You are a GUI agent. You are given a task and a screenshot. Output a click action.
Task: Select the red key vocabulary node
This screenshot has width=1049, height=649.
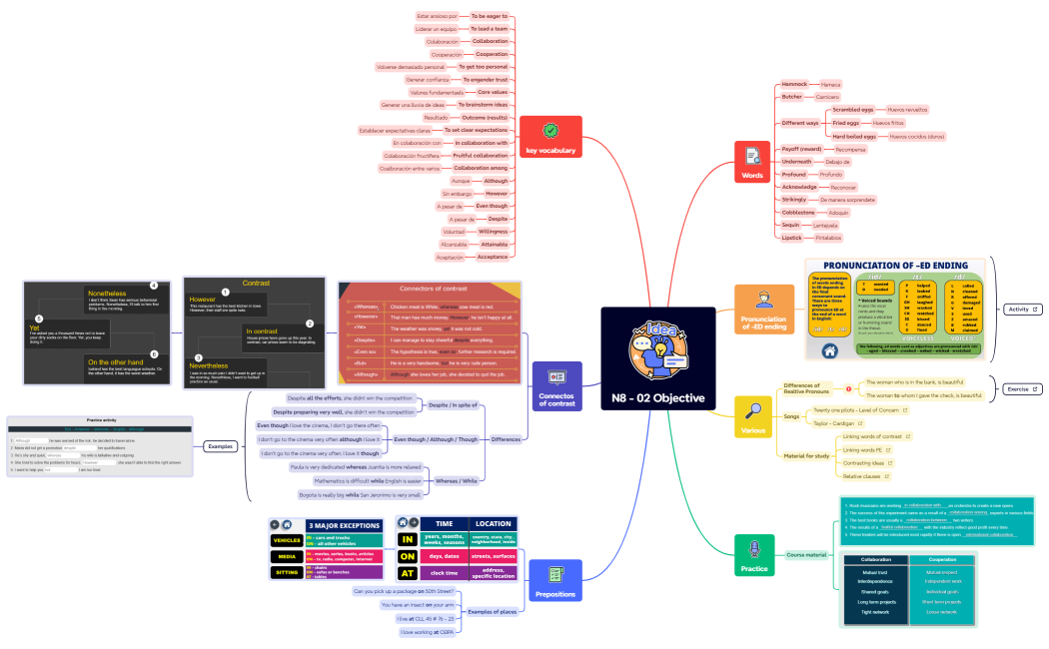pos(550,137)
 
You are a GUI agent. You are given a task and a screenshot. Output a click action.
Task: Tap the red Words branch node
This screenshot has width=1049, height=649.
pos(751,163)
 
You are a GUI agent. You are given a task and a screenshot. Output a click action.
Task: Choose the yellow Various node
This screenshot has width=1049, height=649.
pos(753,416)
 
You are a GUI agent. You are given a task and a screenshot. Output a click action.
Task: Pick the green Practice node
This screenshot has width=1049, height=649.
pos(751,553)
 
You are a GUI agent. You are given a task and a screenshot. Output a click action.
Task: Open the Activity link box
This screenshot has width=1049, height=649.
pos(1022,310)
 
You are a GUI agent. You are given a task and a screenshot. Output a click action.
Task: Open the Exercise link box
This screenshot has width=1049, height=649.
pos(1021,389)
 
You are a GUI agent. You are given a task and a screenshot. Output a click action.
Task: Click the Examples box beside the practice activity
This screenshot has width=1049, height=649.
pos(220,446)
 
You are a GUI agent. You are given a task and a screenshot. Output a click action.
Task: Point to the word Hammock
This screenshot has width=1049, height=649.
pos(794,85)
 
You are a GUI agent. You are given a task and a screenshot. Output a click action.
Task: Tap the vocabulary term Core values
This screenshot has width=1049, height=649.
pos(490,92)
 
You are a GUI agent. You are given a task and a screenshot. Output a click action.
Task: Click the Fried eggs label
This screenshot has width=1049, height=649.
pos(846,122)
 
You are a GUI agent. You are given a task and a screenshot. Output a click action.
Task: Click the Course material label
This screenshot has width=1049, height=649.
pos(806,554)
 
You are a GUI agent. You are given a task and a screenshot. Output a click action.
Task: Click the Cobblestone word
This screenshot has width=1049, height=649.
pos(798,212)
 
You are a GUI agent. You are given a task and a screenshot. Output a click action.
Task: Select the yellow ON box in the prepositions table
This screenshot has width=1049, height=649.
pos(407,556)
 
